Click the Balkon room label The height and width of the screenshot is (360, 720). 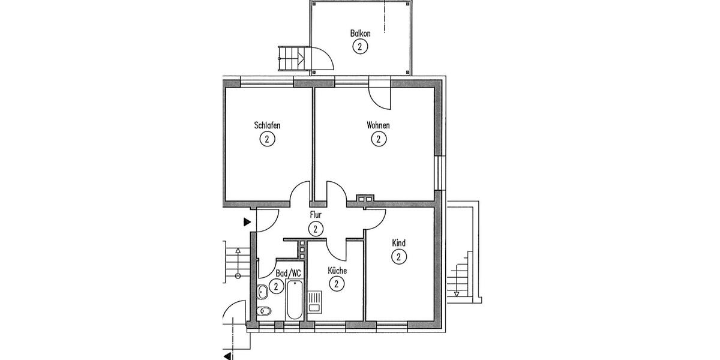pyautogui.click(x=360, y=34)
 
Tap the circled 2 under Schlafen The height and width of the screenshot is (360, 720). pyautogui.click(x=267, y=139)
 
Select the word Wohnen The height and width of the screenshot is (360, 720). pyautogui.click(x=378, y=126)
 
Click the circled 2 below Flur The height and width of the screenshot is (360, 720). pyautogui.click(x=315, y=229)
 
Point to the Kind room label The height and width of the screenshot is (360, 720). pyautogui.click(x=398, y=243)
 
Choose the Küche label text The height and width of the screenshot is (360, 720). pyautogui.click(x=337, y=271)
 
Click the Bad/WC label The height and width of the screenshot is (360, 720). pyautogui.click(x=289, y=274)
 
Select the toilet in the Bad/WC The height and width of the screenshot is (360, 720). pyautogui.click(x=263, y=311)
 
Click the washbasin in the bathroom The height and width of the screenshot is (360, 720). pyautogui.click(x=262, y=292)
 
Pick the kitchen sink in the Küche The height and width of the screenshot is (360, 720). pyautogui.click(x=314, y=301)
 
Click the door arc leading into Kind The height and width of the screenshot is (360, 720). pyautogui.click(x=376, y=220)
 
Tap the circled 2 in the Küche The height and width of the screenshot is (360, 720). pyautogui.click(x=337, y=284)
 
